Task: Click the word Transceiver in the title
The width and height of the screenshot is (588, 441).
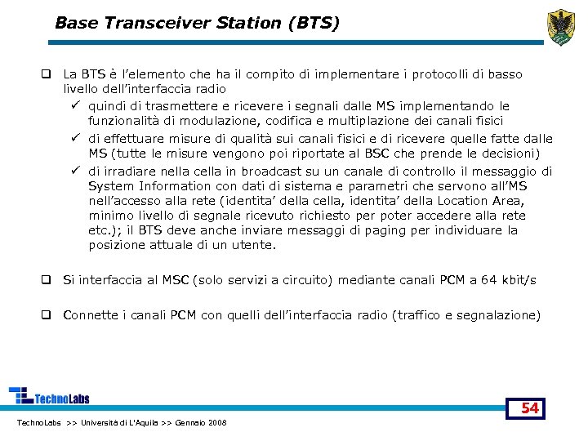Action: pos(174,23)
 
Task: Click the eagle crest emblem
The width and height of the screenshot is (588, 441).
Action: pos(561,26)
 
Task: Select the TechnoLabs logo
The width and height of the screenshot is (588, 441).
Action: pos(49,396)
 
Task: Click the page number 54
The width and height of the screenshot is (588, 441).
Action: pos(530,408)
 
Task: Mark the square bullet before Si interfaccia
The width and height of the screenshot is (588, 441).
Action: pos(48,280)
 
